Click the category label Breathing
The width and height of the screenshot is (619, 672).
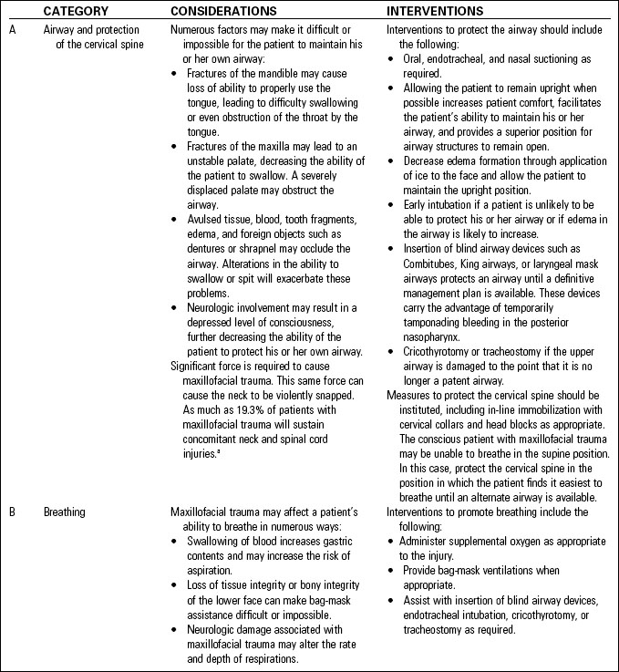tap(65, 512)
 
